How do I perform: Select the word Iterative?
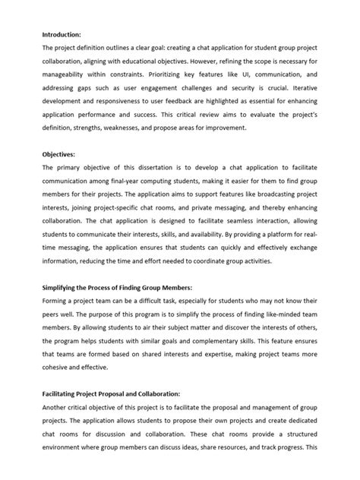tap(313, 93)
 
